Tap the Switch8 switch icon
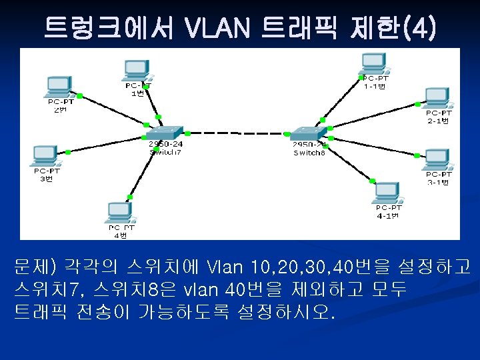pyautogui.click(x=309, y=132)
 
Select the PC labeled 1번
pyautogui.click(x=137, y=69)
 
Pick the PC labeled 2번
pyautogui.click(x=59, y=87)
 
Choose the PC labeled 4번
pyautogui.click(x=119, y=213)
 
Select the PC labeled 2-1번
pyautogui.click(x=439, y=98)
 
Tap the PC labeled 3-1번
pyautogui.click(x=438, y=160)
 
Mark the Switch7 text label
pyautogui.click(x=165, y=152)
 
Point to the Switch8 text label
pyautogui.click(x=309, y=153)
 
